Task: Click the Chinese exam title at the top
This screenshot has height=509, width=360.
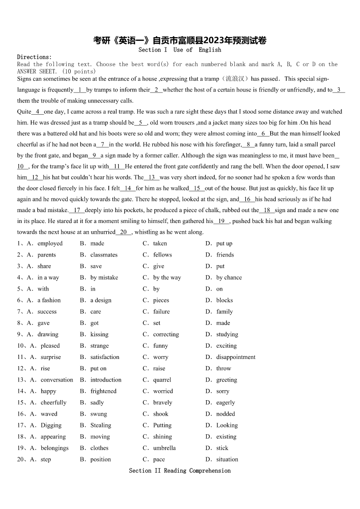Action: tap(180, 40)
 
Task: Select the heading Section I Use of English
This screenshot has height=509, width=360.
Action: tap(180, 50)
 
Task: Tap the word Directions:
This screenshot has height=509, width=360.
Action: tap(34, 57)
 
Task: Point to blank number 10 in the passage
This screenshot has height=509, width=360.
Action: tap(23, 166)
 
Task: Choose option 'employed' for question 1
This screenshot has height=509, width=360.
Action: tap(50, 243)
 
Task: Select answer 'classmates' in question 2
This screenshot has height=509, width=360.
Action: tap(104, 255)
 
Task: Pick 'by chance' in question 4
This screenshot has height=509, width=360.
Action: tap(229, 277)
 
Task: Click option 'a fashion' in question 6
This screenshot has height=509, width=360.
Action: tap(49, 300)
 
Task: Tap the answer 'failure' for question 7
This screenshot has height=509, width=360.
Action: tap(161, 311)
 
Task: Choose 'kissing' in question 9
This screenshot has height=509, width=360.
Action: tap(99, 334)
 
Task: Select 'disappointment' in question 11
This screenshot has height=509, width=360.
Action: tap(236, 357)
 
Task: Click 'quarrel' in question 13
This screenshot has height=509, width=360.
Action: tap(162, 380)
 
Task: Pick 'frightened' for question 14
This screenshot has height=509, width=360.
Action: tap(103, 391)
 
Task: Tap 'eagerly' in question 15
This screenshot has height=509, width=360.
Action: tap(225, 402)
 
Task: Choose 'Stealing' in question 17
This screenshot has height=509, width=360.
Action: tap(101, 425)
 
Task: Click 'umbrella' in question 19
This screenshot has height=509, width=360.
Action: tap(165, 448)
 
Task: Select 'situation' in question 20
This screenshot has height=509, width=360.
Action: tap(227, 459)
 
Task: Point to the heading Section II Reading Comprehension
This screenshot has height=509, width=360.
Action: tap(180, 471)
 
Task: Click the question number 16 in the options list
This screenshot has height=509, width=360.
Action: tap(21, 414)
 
